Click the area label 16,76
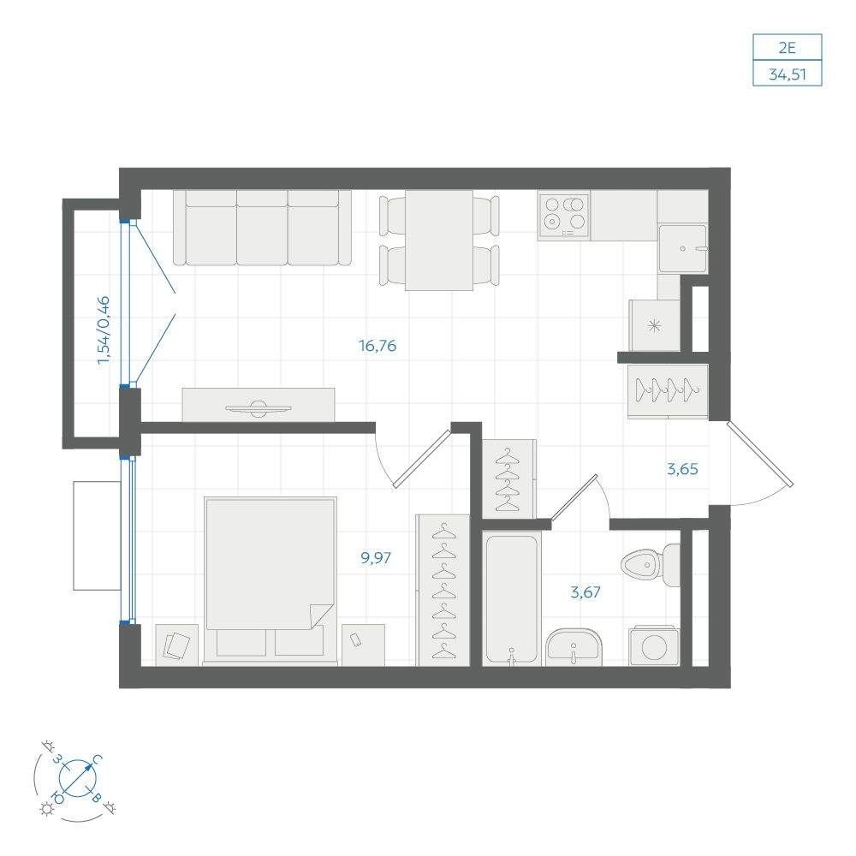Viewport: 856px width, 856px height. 377,346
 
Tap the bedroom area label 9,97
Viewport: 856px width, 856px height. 376,558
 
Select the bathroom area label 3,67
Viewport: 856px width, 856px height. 586,591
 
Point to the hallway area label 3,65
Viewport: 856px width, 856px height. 682,469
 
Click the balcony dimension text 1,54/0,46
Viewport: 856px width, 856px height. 104,330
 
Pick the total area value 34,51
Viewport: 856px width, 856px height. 788,74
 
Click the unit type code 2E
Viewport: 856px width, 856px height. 787,48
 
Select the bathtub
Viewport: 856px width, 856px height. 512,600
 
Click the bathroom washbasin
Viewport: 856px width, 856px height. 574,647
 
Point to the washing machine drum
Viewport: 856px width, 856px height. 654,648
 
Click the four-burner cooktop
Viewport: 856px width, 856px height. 564,216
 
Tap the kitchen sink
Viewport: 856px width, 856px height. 682,248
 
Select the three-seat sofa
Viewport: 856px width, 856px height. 262,228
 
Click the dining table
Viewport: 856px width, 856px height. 439,241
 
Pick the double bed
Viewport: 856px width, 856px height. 270,581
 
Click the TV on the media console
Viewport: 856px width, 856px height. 259,407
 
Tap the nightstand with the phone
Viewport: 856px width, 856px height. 363,645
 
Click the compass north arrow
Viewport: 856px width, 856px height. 78,777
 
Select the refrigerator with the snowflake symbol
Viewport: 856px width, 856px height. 654,326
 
